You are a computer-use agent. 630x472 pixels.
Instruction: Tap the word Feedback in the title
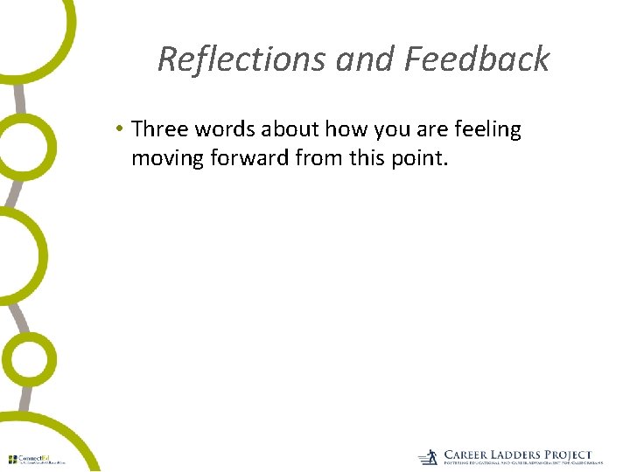[477, 59]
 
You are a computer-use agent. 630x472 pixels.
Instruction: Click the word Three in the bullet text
[159, 130]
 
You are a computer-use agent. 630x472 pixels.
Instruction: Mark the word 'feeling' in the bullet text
[486, 130]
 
